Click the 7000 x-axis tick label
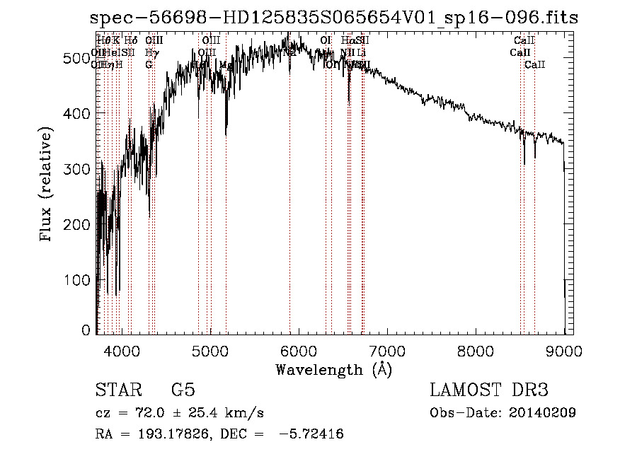(x=387, y=350)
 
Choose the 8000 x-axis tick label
(x=476, y=350)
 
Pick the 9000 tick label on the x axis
(x=564, y=350)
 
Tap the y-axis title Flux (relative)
(x=47, y=185)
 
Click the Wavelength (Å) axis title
(x=333, y=370)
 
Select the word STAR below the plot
(x=115, y=390)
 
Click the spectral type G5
(x=183, y=390)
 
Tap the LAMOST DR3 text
(x=488, y=390)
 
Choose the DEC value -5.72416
(x=312, y=434)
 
